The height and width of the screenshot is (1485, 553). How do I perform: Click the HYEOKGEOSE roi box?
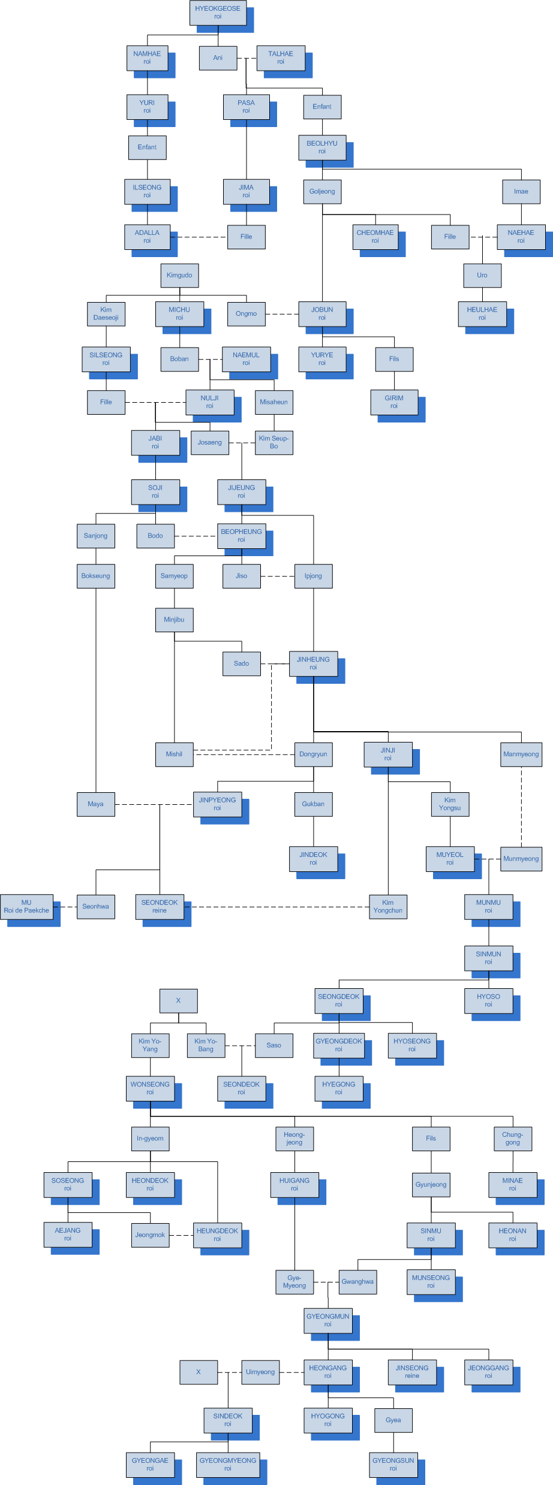pos(218,13)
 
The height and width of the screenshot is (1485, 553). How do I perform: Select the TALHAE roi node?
pos(281,58)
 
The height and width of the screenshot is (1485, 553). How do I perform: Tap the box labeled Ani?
pos(218,58)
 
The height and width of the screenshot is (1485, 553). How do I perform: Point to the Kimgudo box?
pos(179,276)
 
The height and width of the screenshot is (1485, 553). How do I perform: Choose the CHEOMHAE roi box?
pos(375,237)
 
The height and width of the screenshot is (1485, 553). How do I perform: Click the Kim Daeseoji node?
pos(106,314)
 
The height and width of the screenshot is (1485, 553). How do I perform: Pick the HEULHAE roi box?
pos(482,314)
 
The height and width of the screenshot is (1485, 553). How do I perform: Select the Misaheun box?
pos(274,402)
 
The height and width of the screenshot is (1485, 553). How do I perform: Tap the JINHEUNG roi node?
pos(313,663)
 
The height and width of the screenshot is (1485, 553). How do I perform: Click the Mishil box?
pos(174,754)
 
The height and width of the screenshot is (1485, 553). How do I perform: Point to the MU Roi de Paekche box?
pos(26,907)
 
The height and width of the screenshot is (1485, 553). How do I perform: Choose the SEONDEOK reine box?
pos(160,907)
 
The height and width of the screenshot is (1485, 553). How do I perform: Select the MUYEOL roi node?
pos(450,859)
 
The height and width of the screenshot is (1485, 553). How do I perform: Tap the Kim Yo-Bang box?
pos(206,1045)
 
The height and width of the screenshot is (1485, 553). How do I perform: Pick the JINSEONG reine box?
pos(412,1372)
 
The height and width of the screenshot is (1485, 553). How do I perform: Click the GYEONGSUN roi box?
pos(393,1465)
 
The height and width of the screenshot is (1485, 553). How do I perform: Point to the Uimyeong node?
pos(260,1372)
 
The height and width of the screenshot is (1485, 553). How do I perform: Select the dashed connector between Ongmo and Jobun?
pos(282,314)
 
